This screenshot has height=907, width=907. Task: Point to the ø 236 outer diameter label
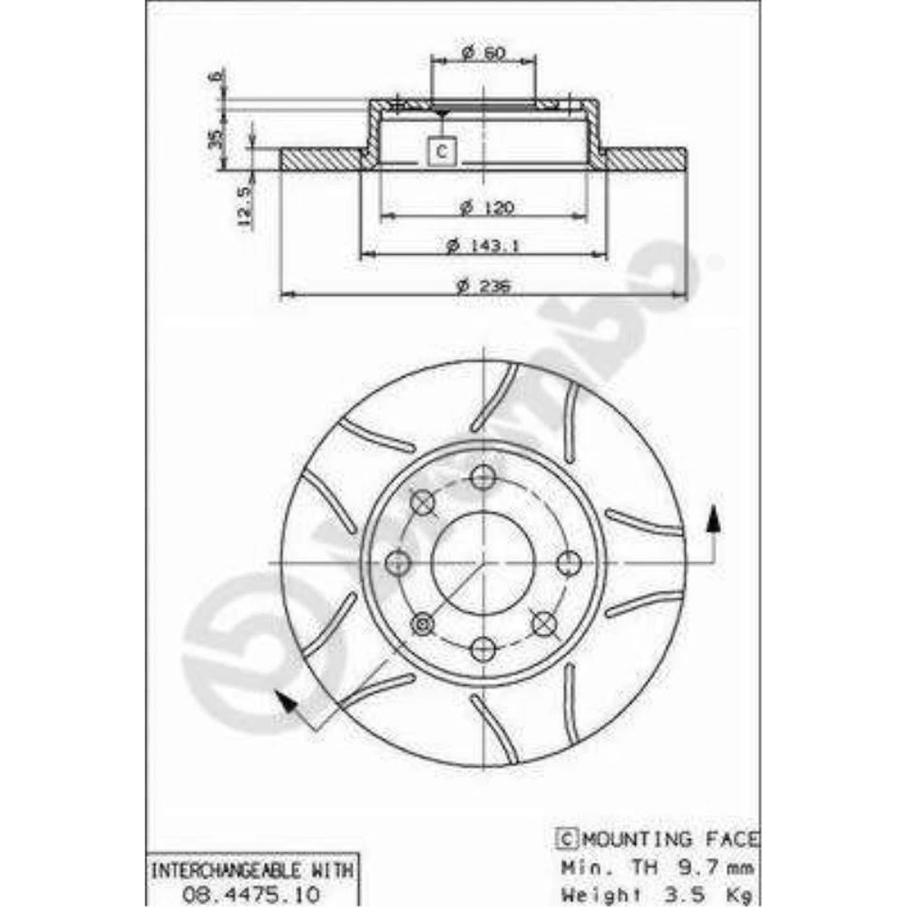483,285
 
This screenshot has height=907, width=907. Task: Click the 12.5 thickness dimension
244,206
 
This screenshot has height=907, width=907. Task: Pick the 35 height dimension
215,138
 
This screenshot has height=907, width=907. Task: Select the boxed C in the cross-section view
441,149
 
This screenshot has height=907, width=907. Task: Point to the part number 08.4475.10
250,893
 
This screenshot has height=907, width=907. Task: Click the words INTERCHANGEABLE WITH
250,867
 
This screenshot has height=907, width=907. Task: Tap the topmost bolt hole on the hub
483,477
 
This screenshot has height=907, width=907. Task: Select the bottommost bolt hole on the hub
483,649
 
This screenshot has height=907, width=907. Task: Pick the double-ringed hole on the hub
422,624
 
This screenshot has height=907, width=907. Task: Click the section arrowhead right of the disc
714,518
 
